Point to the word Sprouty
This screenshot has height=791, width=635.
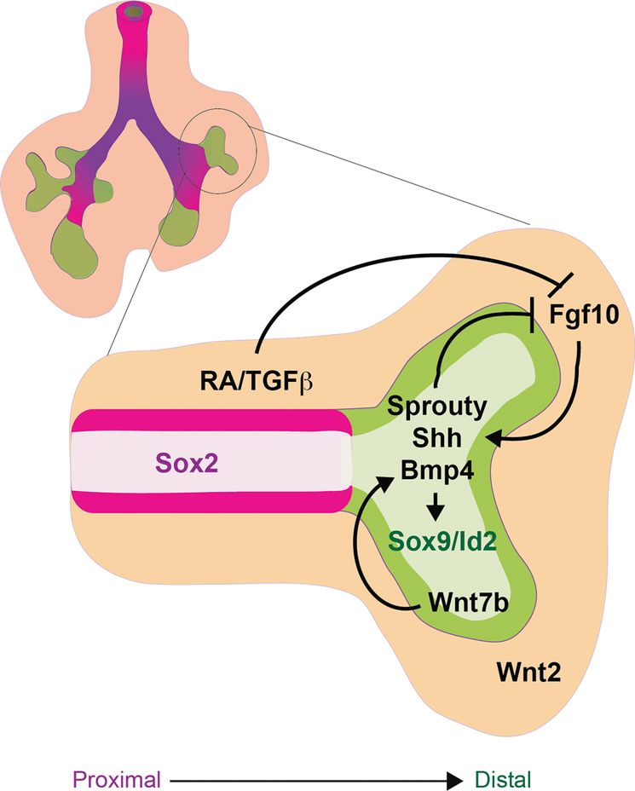pyautogui.click(x=436, y=406)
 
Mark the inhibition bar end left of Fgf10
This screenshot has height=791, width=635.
pyautogui.click(x=533, y=323)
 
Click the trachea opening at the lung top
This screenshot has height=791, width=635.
pyautogui.click(x=132, y=13)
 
